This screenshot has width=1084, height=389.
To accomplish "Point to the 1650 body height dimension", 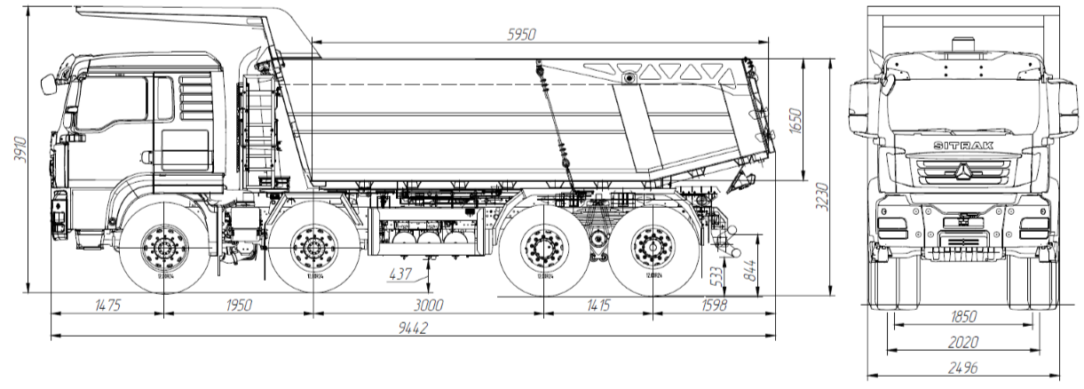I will click(795, 120).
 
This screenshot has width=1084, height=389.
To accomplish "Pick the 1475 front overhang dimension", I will click(107, 305).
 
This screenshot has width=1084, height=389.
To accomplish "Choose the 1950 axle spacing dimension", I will click(238, 305).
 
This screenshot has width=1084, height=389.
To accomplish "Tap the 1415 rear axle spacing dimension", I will click(598, 305).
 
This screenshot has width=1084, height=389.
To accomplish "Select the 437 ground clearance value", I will click(402, 274).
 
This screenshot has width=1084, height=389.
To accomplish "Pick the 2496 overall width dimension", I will click(963, 369).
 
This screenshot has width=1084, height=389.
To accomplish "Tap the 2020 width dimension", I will click(963, 342).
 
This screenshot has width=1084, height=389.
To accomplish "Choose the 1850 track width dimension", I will click(963, 316).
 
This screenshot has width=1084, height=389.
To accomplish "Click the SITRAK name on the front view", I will click(963, 146).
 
